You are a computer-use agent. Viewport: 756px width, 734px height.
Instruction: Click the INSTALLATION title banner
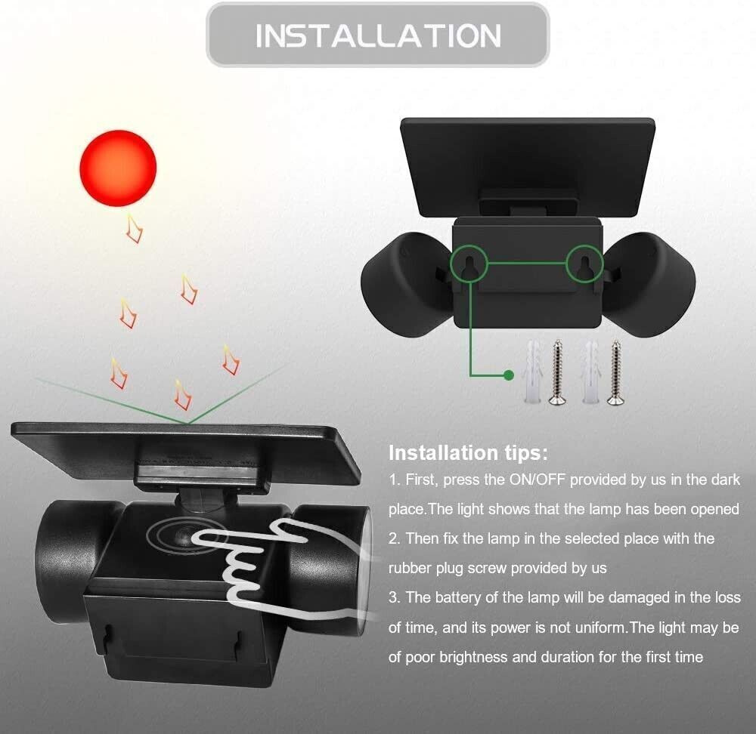[x=377, y=35]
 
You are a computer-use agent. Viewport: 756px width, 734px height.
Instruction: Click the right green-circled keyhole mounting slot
[x=584, y=266]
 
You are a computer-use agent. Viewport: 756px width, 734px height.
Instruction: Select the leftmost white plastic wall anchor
[x=532, y=372]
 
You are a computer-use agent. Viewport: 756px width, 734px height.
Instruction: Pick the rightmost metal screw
[x=615, y=372]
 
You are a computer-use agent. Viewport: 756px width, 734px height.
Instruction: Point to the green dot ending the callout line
[x=508, y=375]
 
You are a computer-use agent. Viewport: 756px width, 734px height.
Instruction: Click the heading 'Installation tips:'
[x=468, y=453]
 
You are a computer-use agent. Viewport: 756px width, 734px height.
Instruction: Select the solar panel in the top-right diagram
[x=528, y=166]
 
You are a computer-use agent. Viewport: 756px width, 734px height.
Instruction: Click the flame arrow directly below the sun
[x=134, y=228]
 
